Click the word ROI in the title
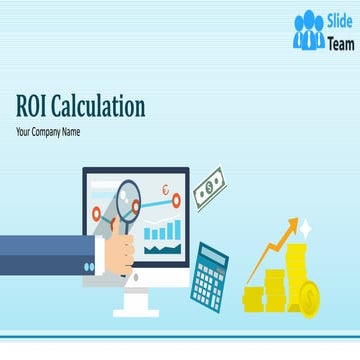coord(36,107)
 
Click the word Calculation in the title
coord(101,107)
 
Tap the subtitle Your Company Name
coord(47,131)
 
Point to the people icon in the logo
coord(309,32)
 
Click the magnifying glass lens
coord(129,199)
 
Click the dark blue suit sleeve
coord(40,255)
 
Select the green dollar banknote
coord(209,188)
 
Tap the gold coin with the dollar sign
coord(309,298)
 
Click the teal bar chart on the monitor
coord(162,231)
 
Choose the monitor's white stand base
coord(136,311)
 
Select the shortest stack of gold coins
coord(252,298)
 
